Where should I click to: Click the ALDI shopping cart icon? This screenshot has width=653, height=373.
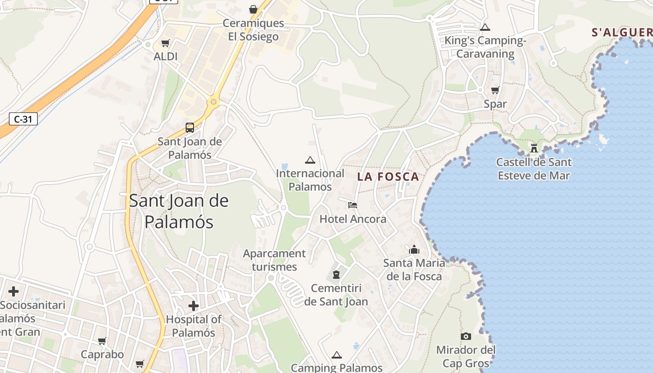pyautogui.click(x=165, y=43)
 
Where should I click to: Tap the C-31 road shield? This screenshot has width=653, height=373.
pyautogui.click(x=23, y=119)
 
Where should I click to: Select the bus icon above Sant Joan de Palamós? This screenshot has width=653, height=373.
pyautogui.click(x=190, y=127)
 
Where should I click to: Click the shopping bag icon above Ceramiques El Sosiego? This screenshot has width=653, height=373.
pyautogui.click(x=253, y=9)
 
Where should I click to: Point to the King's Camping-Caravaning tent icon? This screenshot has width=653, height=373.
pyautogui.click(x=485, y=27)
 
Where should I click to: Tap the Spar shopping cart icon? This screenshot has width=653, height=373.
pyautogui.click(x=495, y=90)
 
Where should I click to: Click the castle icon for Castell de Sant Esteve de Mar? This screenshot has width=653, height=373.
pyautogui.click(x=534, y=148)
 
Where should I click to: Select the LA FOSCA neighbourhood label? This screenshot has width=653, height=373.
pyautogui.click(x=388, y=177)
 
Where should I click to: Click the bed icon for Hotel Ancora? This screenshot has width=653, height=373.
pyautogui.click(x=353, y=205)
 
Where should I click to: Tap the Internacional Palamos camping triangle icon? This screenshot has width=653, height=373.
pyautogui.click(x=310, y=160)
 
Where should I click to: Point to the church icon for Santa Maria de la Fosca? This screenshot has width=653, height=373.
pyautogui.click(x=414, y=249)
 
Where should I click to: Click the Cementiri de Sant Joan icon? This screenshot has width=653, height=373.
pyautogui.click(x=336, y=275)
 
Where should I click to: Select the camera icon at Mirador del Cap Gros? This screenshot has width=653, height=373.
pyautogui.click(x=465, y=336)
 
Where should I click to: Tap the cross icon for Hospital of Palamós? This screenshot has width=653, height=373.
pyautogui.click(x=194, y=306)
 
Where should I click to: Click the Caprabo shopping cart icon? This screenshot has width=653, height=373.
pyautogui.click(x=102, y=341)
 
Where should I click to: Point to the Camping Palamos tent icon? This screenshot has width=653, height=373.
pyautogui.click(x=337, y=355)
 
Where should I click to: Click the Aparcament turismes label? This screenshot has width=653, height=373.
pyautogui.click(x=274, y=260)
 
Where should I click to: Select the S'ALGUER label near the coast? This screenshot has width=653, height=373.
pyautogui.click(x=622, y=33)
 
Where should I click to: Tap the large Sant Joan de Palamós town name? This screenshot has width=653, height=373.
pyautogui.click(x=179, y=211)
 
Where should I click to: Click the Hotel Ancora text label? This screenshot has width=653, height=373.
pyautogui.click(x=353, y=219)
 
